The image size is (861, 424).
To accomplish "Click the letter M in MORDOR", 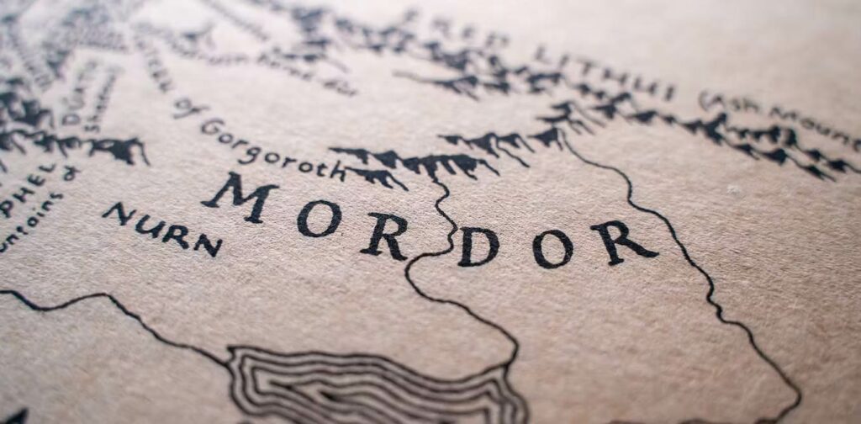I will tap(240, 197).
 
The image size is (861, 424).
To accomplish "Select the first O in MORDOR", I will tap(320, 218).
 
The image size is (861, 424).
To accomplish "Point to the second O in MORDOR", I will tap(552, 249).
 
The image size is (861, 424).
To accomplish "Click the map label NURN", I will tap(161, 229).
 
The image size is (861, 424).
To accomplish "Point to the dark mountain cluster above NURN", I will tap(118, 149).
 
